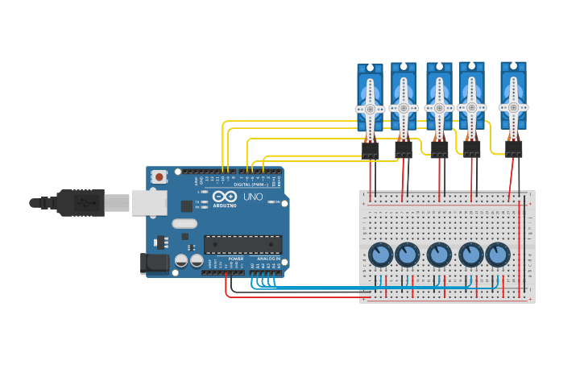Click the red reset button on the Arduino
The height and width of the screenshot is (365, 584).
click(159, 176)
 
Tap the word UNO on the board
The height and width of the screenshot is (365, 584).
click(253, 197)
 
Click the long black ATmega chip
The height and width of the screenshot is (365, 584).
click(242, 244)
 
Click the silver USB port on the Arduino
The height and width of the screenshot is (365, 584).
click(149, 203)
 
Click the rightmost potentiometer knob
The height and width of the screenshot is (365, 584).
click(498, 255)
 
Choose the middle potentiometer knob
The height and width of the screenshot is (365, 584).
click(439, 255)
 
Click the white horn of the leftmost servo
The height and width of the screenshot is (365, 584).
click(370, 108)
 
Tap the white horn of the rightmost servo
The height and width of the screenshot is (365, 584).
click(513, 106)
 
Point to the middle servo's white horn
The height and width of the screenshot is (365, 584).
click(439, 107)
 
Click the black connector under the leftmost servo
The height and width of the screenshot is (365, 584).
click(370, 150)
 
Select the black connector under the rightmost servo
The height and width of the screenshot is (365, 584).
click(513, 148)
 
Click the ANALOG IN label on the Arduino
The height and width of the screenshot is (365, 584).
click(268, 259)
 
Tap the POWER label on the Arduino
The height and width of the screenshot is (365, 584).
click(235, 259)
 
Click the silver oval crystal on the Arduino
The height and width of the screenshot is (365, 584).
click(184, 224)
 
